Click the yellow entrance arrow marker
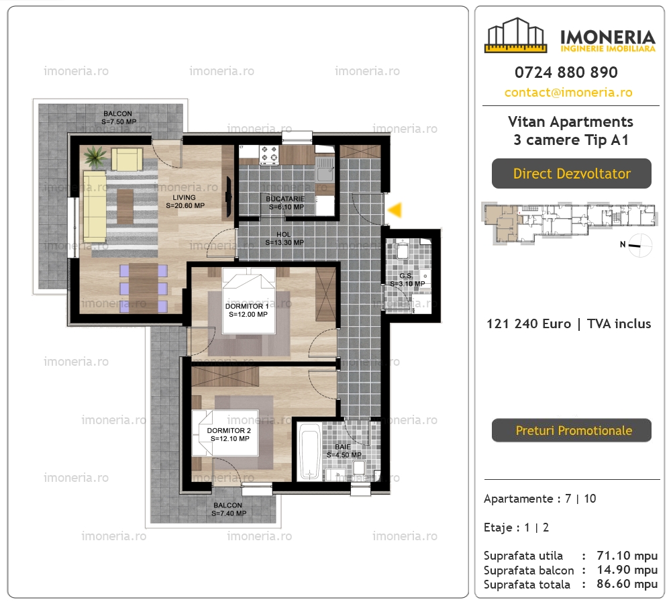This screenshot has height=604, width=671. pos(395,210)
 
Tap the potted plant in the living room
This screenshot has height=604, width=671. pos(95,156)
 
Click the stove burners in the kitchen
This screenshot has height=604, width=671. pos(269,154)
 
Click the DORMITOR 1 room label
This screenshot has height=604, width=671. pos(248,310)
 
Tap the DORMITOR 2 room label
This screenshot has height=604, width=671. pos(229,434)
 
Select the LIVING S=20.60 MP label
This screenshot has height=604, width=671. pos(185,201)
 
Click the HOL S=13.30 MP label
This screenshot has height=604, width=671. pos(284,238)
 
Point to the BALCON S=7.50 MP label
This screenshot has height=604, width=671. pos(119,117)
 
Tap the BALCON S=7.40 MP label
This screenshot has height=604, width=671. pos(229,509)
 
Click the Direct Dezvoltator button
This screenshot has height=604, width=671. pos(571,173)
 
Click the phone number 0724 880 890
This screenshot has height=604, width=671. pos(566,72)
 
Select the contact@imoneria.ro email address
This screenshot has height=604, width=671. pos(568,93)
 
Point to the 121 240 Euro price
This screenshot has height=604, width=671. pos(529,323)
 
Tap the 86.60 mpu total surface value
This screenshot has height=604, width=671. pos(627,584)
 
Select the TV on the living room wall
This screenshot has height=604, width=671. pos(229,196)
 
